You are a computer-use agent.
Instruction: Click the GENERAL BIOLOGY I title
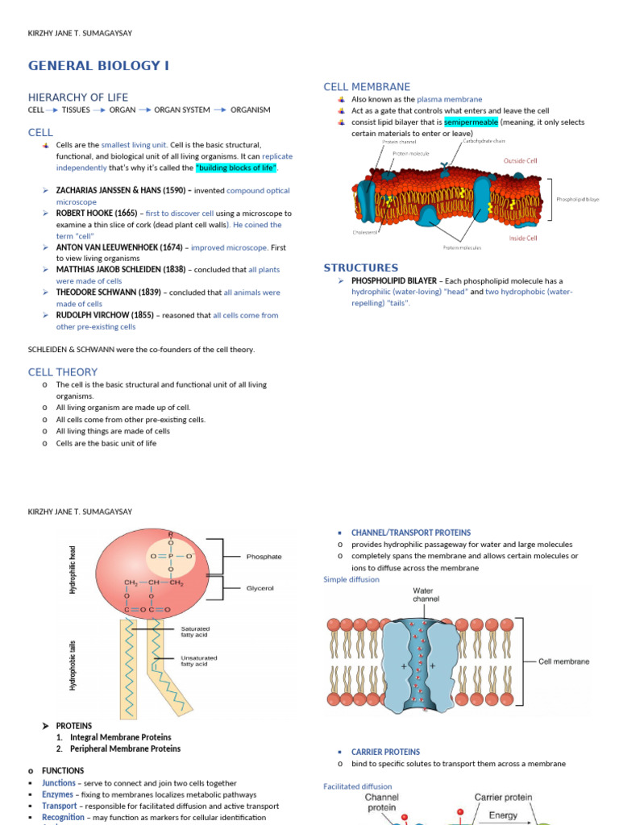(x=99, y=65)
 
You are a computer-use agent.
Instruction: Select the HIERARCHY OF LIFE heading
(x=78, y=97)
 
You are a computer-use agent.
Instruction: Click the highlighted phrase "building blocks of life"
(x=237, y=168)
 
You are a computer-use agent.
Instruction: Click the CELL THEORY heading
(x=63, y=372)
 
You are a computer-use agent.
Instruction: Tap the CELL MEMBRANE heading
(x=367, y=86)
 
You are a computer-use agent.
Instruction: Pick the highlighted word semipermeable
(x=472, y=122)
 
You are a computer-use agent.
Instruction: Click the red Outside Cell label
(x=520, y=161)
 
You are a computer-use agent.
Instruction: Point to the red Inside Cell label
(x=523, y=238)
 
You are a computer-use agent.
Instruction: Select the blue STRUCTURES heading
(x=361, y=267)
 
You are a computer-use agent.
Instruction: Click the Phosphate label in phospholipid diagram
(x=264, y=556)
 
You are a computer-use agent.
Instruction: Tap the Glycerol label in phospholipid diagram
(x=260, y=588)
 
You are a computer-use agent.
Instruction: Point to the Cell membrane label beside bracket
(x=563, y=661)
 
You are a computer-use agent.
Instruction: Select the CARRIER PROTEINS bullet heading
(x=385, y=752)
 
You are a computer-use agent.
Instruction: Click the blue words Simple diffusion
(x=351, y=579)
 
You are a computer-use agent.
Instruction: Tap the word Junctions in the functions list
(x=59, y=783)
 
